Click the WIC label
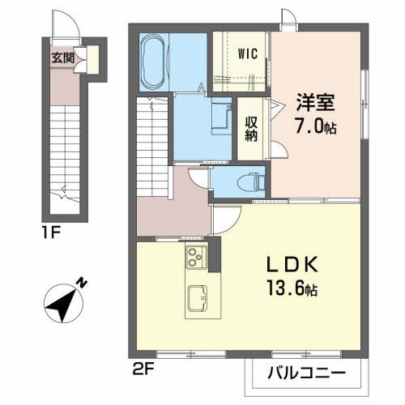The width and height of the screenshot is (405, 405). (x=248, y=54)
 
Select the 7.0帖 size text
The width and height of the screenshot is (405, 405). (x=316, y=126)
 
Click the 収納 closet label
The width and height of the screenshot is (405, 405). (x=251, y=128)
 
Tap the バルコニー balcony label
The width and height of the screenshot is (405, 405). (x=303, y=376)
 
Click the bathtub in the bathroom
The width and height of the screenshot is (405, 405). (x=153, y=61)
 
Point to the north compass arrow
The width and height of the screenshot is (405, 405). (x=61, y=304)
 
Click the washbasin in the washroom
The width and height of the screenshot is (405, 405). (x=220, y=116)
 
